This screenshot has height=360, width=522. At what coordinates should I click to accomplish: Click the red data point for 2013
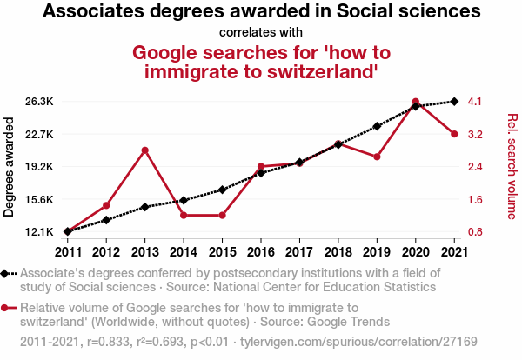coord(145,150)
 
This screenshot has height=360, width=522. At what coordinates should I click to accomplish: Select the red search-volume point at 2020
coord(416,102)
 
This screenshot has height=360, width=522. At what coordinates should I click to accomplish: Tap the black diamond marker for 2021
coord(454,102)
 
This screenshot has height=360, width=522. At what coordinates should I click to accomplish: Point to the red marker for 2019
coord(377,157)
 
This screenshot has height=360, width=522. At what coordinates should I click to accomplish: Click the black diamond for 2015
coord(222,190)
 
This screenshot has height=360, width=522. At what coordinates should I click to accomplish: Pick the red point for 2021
coord(454,134)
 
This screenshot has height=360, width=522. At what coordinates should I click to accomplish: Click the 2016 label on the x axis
coord(261,251)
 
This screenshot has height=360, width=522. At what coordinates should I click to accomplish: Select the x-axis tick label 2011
coord(68,251)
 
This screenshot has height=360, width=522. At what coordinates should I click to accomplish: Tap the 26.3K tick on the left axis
coord(40,102)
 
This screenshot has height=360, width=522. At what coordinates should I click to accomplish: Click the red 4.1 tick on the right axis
coord(475,102)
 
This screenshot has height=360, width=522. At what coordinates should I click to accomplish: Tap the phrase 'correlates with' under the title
coord(261,33)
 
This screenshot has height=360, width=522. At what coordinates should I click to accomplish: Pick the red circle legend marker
coord(8,308)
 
